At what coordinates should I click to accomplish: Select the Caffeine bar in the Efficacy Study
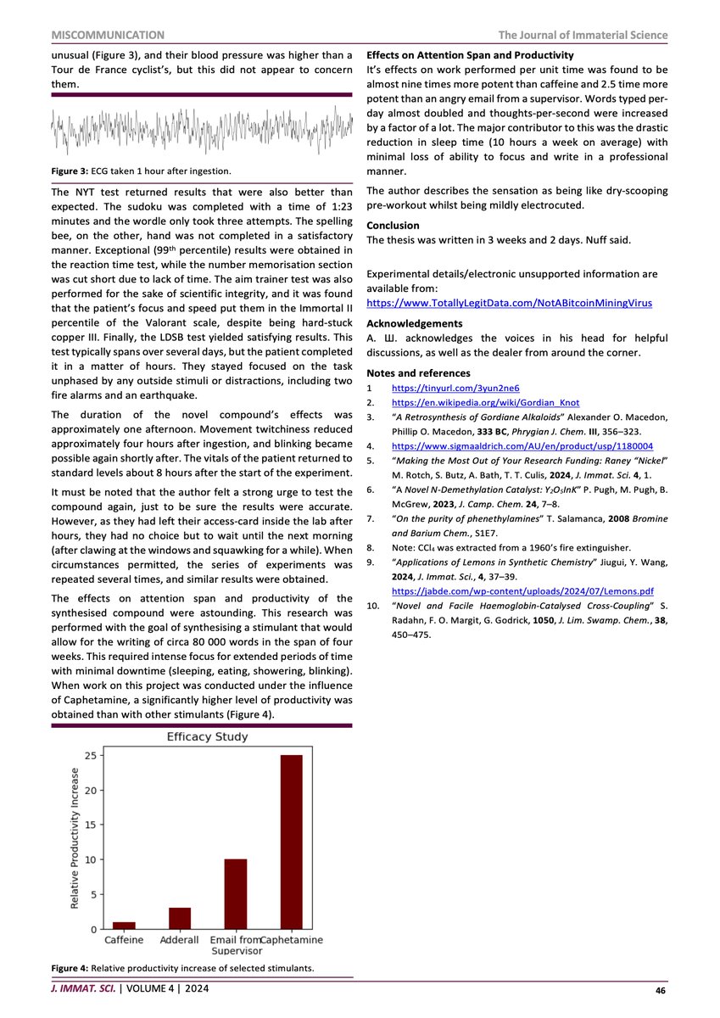pyautogui.click(x=124, y=926)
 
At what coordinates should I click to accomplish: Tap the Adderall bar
pyautogui.click(x=180, y=918)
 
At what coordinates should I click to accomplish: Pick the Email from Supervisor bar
pyautogui.click(x=236, y=894)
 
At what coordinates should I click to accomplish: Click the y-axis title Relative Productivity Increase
pyautogui.click(x=75, y=839)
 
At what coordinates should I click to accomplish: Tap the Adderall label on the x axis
pyautogui.click(x=180, y=941)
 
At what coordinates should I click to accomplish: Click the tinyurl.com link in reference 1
pyautogui.click(x=455, y=388)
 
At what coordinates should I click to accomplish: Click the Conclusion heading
pyautogui.click(x=393, y=226)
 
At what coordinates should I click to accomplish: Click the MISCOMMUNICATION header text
pyautogui.click(x=108, y=35)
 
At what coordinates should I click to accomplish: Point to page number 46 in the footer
pyautogui.click(x=661, y=990)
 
